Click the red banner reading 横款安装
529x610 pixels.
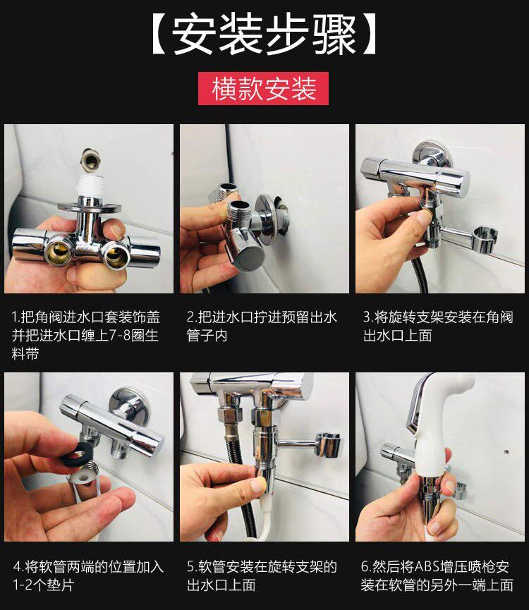263,88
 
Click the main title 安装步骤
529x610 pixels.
263,35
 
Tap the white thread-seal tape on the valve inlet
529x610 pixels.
90,185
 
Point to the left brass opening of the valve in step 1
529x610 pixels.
59,253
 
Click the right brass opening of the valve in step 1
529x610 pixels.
116,255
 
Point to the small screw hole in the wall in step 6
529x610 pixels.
506,453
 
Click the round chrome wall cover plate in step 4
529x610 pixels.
129,405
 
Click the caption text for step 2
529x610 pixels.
262,327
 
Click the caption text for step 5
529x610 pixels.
262,575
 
